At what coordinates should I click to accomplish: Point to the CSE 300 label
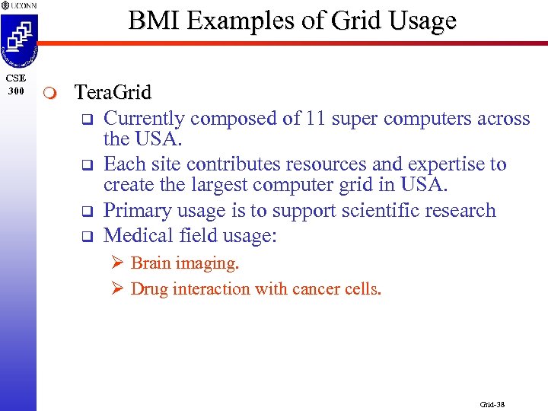coord(16,85)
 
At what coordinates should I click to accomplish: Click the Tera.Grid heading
coord(113,93)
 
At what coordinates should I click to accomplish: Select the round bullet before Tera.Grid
coord(49,94)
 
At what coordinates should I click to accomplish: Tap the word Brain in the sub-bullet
coord(149,263)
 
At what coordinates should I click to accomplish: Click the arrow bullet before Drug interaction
coord(117,289)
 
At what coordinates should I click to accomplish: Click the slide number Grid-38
coord(492,404)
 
